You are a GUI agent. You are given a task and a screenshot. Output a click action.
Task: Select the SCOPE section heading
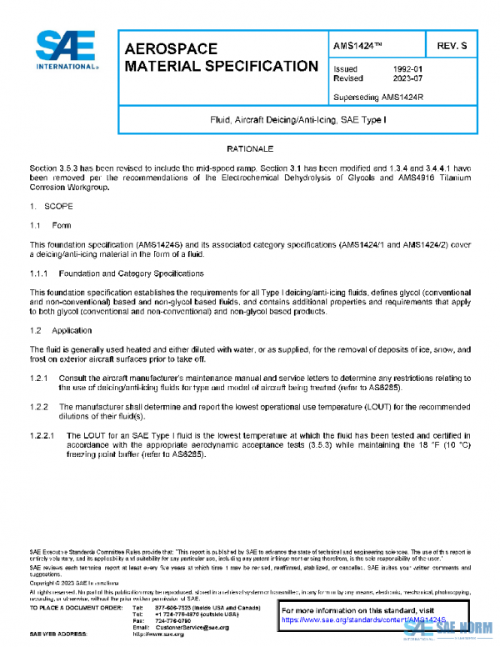[58, 205]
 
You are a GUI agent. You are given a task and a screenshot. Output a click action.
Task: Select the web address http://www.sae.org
[168, 634]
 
